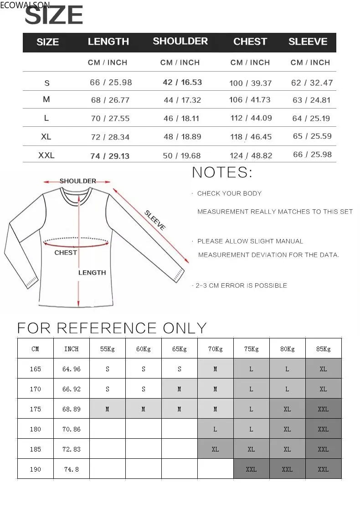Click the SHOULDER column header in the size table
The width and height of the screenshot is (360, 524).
pyautogui.click(x=180, y=41)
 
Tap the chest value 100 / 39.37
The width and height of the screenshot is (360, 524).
pyautogui.click(x=250, y=83)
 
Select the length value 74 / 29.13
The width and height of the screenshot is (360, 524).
pyautogui.click(x=109, y=156)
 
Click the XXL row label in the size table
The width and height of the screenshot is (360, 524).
pyautogui.click(x=46, y=156)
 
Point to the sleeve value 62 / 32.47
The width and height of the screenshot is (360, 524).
pyautogui.click(x=312, y=83)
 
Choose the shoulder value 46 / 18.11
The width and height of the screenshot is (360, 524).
pyautogui.click(x=181, y=118)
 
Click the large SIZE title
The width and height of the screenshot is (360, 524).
pyautogui.click(x=54, y=16)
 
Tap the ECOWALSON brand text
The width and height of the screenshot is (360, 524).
pyautogui.click(x=25, y=5)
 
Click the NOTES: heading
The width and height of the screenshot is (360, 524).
pyautogui.click(x=222, y=173)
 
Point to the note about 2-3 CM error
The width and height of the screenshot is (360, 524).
pyautogui.click(x=241, y=285)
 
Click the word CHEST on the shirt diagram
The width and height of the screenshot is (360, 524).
pyautogui.click(x=66, y=253)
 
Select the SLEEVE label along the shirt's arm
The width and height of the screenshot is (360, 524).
pyautogui.click(x=155, y=219)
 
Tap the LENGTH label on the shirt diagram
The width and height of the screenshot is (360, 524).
pyautogui.click(x=92, y=273)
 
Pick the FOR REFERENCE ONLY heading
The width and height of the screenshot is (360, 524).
pyautogui.click(x=112, y=328)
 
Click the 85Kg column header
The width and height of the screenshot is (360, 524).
pyautogui.click(x=323, y=349)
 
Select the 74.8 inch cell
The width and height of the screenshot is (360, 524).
pyautogui.click(x=71, y=469)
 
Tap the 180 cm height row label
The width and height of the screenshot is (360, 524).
pyautogui.click(x=35, y=429)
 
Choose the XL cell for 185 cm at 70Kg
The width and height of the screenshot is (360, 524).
pyautogui.click(x=215, y=449)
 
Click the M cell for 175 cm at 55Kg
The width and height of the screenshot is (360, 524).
pyautogui.click(x=107, y=409)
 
